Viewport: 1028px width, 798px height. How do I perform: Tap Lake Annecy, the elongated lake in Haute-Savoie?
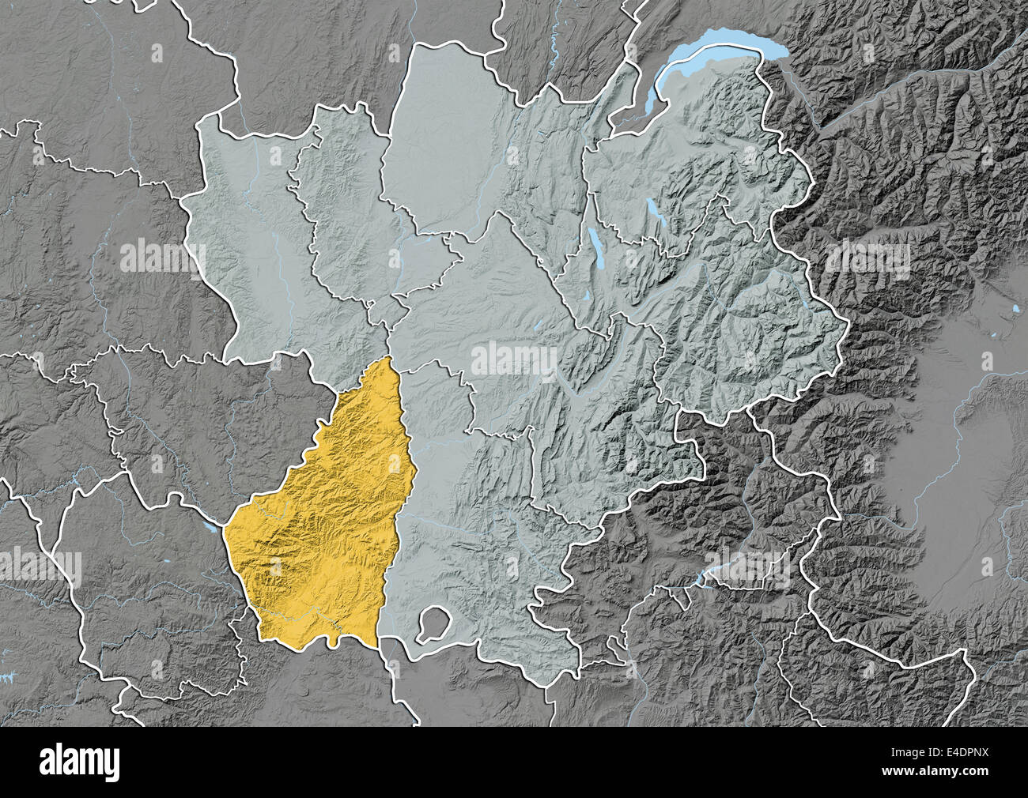coord(653,211)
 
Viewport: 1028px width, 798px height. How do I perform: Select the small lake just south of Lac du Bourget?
coord(587,296)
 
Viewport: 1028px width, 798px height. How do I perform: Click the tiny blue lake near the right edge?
coord(1015,307)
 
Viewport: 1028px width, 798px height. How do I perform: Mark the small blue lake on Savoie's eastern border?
coord(804,301)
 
